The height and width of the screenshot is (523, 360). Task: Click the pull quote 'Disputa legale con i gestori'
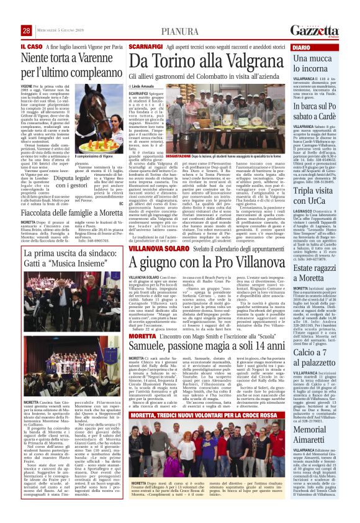(71, 181)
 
